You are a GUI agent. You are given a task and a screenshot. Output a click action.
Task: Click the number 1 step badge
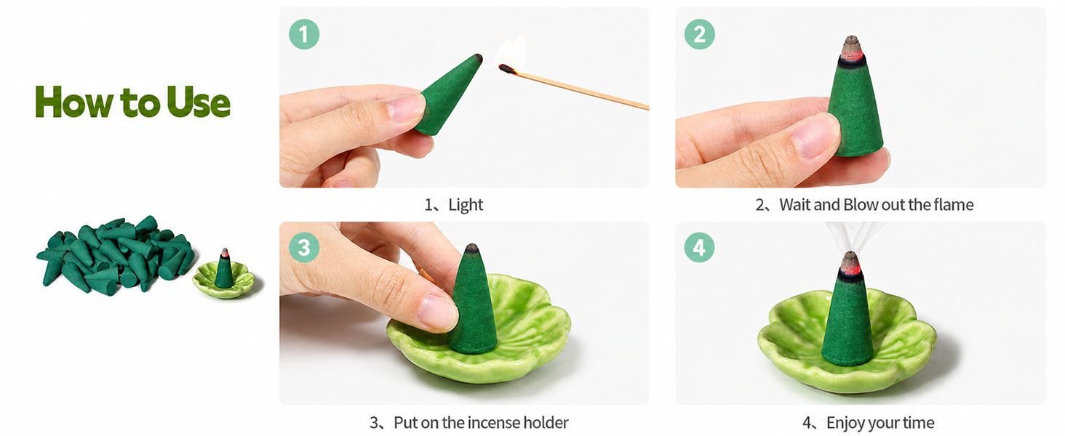coord(304,34)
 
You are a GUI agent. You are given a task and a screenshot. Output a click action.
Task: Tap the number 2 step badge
coord(699,34)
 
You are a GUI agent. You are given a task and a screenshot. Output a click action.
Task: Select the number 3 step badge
coord(304,247)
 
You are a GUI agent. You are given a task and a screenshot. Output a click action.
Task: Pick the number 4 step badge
coord(699,247)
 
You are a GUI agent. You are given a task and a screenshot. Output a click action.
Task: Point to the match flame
coord(511,51)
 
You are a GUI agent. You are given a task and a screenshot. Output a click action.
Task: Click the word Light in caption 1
coord(466,205)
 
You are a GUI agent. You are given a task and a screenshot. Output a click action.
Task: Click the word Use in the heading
coord(199,102)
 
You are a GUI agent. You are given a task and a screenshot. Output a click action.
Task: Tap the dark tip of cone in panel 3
coord(471,248)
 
